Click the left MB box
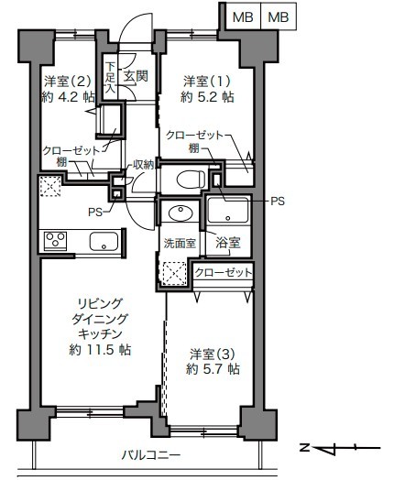click(x=243, y=16)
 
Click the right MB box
click(x=279, y=16)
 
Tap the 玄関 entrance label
click(x=136, y=76)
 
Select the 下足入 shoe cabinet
click(x=110, y=77)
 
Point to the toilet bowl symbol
click(x=191, y=179)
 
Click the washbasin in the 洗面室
click(x=181, y=213)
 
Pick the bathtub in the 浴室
click(x=228, y=211)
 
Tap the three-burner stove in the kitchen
click(x=55, y=241)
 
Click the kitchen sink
click(x=104, y=241)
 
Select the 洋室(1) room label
click(x=207, y=82)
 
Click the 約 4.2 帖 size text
click(x=68, y=97)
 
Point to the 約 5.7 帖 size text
click(x=213, y=369)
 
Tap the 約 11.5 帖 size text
click(x=100, y=350)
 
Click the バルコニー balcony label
click(x=151, y=455)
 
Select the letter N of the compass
click(x=304, y=448)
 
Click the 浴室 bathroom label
click(x=228, y=243)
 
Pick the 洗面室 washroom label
click(x=180, y=244)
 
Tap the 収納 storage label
click(x=143, y=165)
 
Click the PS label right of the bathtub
click(x=278, y=202)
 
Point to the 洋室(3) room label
click(x=213, y=354)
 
